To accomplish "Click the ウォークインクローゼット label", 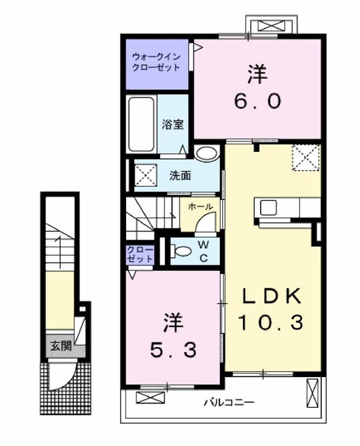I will point(157,62).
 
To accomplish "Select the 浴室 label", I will point(173,125).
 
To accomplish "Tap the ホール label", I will point(201,206).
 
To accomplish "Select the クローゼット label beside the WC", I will point(140,254).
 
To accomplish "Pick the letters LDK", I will point(272,296).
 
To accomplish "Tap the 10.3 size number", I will point(272,323).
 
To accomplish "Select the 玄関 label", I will point(60,346).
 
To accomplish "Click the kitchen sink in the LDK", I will point(268,208).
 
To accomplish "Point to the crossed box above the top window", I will point(271,26).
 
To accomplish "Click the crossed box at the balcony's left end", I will point(148,398).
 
